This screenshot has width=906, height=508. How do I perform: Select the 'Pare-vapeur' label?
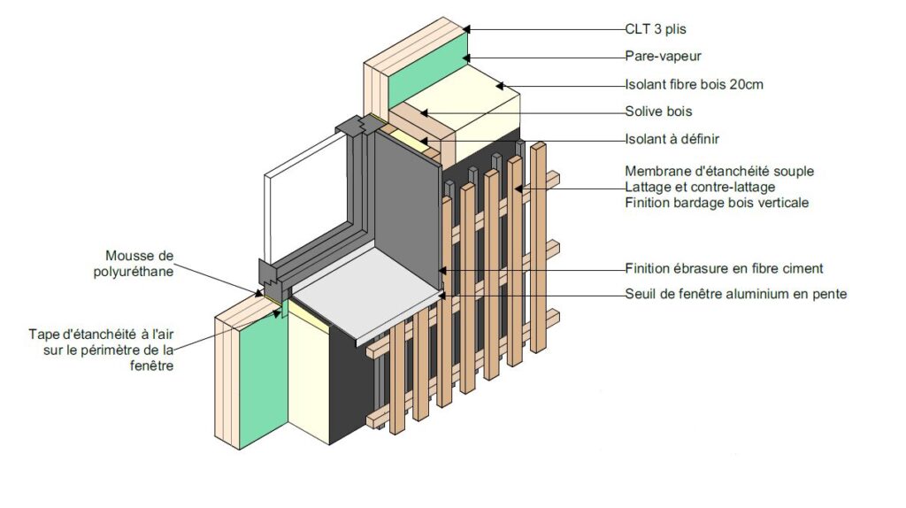[x=663, y=57]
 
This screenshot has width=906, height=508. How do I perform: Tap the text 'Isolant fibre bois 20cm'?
[x=694, y=85]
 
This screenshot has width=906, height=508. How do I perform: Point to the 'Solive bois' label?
[x=658, y=112]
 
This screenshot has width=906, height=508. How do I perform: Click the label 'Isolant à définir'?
[x=672, y=138]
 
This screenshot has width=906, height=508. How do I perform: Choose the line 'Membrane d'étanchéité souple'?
[x=718, y=171]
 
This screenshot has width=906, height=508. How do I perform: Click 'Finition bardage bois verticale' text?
[x=716, y=203]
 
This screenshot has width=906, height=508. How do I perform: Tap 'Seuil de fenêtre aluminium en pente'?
[x=735, y=294]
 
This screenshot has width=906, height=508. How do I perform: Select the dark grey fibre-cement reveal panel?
[x=407, y=195]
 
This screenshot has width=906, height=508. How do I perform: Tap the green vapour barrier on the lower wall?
[x=257, y=381]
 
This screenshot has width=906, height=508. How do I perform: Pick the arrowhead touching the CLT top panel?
[x=467, y=29]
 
